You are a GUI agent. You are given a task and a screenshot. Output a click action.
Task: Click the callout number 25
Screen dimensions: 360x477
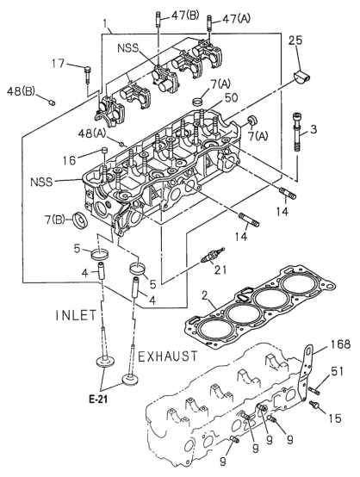click(295, 40)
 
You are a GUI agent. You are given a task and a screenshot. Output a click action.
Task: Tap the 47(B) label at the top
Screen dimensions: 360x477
click(184, 15)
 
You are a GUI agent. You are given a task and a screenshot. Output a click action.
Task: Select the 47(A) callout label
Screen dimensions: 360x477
click(236, 19)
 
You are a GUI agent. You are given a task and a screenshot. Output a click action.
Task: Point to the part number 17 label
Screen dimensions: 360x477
click(58, 64)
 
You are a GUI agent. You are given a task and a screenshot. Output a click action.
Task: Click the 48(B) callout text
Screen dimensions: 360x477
click(21, 91)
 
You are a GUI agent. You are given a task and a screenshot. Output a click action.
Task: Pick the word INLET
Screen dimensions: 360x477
click(76, 315)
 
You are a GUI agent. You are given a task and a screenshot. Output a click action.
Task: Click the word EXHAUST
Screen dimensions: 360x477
click(168, 356)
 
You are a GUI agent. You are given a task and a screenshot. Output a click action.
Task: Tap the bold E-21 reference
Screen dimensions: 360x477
click(98, 400)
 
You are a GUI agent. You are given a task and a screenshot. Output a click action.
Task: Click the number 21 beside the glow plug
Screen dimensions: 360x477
click(220, 269)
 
